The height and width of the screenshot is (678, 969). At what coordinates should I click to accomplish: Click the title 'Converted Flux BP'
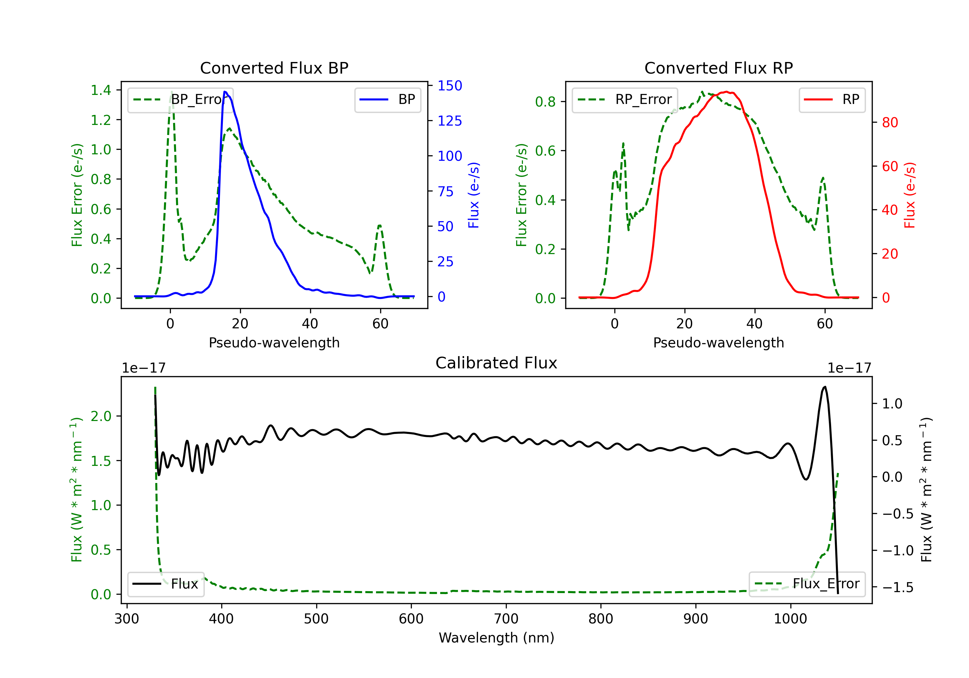click(x=274, y=68)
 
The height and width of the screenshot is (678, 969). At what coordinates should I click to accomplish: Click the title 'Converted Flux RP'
click(x=719, y=68)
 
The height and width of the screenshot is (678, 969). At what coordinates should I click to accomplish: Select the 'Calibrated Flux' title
click(x=496, y=363)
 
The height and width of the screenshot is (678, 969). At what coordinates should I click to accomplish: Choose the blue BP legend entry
click(x=387, y=99)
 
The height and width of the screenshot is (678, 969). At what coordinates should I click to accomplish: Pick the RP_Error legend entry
click(x=625, y=99)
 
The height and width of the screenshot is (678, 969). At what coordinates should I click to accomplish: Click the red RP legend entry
click(x=832, y=99)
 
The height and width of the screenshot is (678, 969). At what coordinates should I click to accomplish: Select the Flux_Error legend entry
click(x=807, y=584)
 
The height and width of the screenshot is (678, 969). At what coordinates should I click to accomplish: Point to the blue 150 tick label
click(x=450, y=86)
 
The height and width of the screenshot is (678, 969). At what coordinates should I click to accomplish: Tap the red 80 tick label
click(x=890, y=122)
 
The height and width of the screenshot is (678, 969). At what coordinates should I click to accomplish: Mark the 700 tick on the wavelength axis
click(x=506, y=619)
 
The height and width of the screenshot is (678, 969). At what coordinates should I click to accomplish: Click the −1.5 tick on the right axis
click(x=898, y=587)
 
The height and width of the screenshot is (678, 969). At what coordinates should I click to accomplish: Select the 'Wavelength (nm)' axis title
click(x=496, y=638)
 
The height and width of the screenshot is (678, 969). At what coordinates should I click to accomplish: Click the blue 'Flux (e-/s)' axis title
click(x=474, y=195)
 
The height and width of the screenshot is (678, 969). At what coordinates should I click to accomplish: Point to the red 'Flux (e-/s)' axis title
click(x=910, y=195)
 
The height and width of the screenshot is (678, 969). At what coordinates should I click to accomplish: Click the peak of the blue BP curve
click(x=225, y=92)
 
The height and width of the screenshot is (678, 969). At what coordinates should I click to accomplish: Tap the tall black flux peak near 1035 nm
click(x=825, y=386)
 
